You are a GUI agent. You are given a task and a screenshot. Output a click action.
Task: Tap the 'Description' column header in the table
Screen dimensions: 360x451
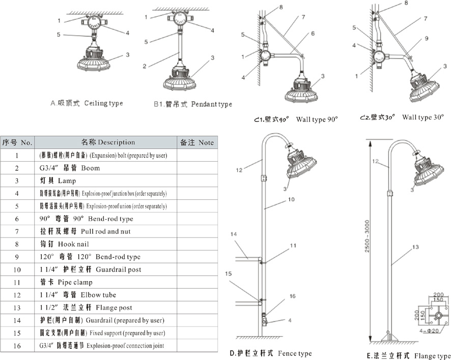tap(108, 142)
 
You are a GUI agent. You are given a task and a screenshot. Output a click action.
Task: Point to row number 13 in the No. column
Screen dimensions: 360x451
tap(17, 308)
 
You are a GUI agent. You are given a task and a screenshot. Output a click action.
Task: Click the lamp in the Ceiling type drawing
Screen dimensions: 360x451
tap(94, 59)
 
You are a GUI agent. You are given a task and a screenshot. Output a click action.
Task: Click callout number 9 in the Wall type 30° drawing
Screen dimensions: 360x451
tap(426, 38)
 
